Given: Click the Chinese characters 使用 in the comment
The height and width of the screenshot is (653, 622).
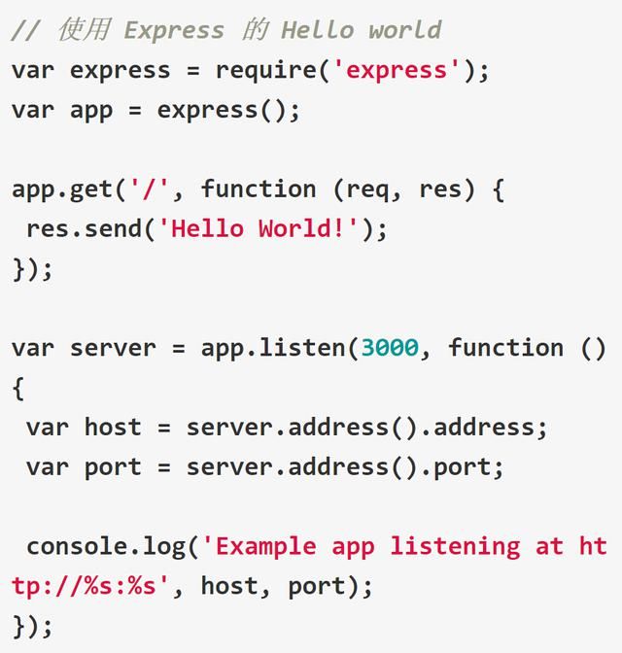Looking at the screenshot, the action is pyautogui.click(x=85, y=30).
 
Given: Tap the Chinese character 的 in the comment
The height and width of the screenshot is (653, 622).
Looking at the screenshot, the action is pyautogui.click(x=255, y=30).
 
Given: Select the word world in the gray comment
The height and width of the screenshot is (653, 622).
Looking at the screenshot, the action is pyautogui.click(x=405, y=30).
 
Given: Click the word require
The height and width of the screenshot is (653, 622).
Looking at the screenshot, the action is pyautogui.click(x=266, y=71).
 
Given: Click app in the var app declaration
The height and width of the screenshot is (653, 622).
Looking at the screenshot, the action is pyautogui.click(x=91, y=112).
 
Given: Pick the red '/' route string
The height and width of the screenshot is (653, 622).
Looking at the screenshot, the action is pyautogui.click(x=149, y=189).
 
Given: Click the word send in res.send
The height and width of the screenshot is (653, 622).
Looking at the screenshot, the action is pyautogui.click(x=114, y=228).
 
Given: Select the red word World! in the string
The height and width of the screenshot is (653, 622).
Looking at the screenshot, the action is pyautogui.click(x=301, y=228).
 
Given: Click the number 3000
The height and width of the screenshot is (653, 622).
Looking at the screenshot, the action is pyautogui.click(x=390, y=347).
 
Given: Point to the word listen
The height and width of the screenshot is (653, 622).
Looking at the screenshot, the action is pyautogui.click(x=302, y=347).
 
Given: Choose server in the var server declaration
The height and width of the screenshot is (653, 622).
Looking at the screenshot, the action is pyautogui.click(x=113, y=348).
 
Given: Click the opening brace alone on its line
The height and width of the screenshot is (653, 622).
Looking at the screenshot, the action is pyautogui.click(x=18, y=388).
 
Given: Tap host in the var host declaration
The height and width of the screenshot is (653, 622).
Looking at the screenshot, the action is pyautogui.click(x=113, y=427).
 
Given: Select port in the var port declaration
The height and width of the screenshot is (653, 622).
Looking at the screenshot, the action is pyautogui.click(x=113, y=467).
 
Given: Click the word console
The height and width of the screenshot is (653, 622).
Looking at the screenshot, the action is pyautogui.click(x=77, y=546).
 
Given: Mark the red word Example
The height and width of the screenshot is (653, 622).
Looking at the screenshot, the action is pyautogui.click(x=265, y=547).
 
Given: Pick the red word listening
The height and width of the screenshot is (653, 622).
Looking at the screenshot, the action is pyautogui.click(x=456, y=547).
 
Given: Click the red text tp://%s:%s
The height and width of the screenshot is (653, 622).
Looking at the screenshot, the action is pyautogui.click(x=84, y=586).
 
